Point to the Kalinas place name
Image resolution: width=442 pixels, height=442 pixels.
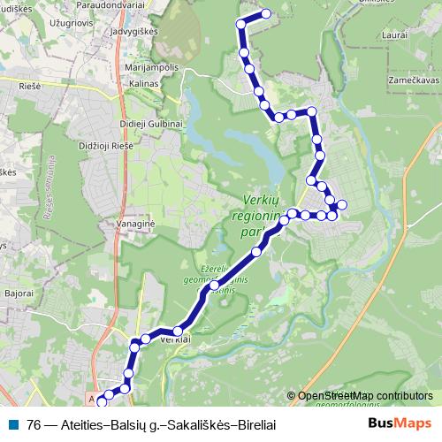(144, 84)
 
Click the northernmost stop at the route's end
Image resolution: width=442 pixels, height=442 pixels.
(266, 14)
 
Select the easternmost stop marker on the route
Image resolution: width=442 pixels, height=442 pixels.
(342, 206)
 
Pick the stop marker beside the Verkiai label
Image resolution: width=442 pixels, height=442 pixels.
(178, 331)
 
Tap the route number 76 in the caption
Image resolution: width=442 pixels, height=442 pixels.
(34, 424)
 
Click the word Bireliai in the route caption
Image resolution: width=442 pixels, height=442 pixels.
(252, 424)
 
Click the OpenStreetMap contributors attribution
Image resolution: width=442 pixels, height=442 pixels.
(363, 397)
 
